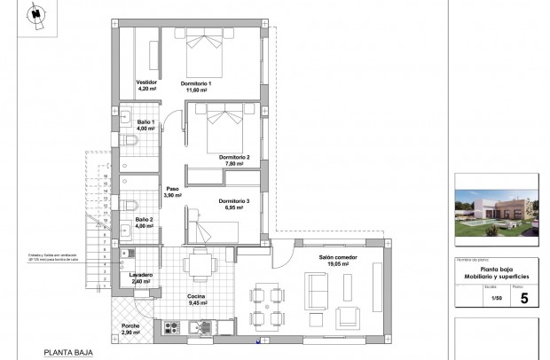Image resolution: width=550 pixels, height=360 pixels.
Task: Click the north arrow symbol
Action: click(x=35, y=16)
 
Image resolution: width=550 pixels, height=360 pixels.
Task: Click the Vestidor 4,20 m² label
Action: click(x=146, y=85)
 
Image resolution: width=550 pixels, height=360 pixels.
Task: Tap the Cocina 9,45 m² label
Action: click(x=197, y=300)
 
